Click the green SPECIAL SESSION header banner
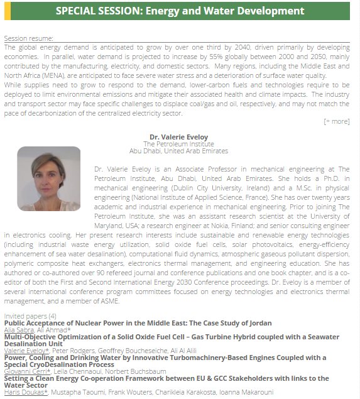point(180,11)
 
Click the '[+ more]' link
point(336,121)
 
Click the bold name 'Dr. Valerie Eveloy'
point(179,136)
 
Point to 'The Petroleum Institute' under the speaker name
point(179,143)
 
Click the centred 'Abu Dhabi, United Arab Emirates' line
point(179,151)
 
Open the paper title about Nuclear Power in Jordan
point(138,322)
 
